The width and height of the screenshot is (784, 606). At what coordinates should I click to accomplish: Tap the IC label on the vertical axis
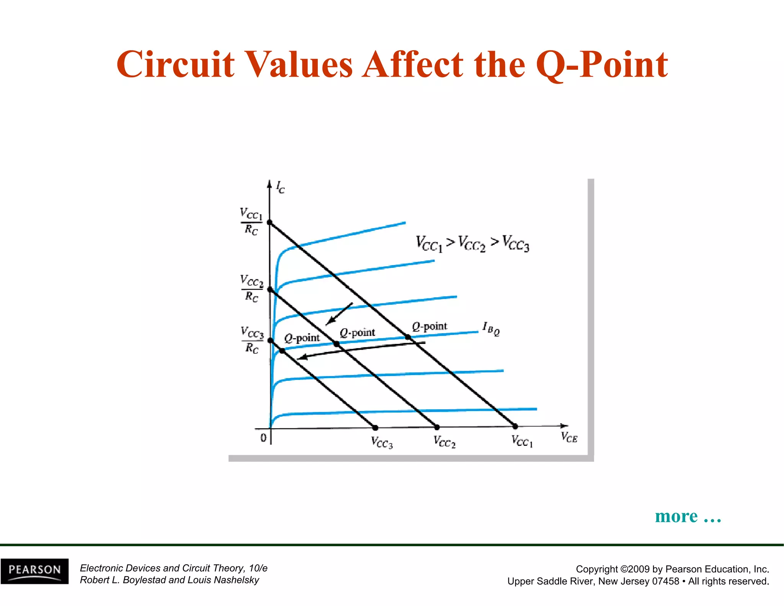(x=280, y=188)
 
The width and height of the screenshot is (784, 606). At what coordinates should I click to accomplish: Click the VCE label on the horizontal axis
(x=569, y=437)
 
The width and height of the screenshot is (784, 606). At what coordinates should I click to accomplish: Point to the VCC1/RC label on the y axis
(x=251, y=221)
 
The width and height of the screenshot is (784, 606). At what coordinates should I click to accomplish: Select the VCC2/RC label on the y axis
(x=252, y=288)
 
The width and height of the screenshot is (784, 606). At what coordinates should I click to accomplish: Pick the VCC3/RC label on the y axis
(x=252, y=339)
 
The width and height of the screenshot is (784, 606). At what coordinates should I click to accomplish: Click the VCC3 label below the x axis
(x=382, y=442)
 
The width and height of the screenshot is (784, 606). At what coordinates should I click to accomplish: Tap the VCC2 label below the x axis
(x=444, y=442)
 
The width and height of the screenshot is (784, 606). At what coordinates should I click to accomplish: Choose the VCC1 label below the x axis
(x=522, y=441)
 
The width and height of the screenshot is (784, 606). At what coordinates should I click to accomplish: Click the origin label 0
(x=263, y=438)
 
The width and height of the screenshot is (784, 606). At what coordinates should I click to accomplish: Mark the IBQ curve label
(x=491, y=328)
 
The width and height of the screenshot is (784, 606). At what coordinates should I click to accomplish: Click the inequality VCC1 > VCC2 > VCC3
(x=472, y=244)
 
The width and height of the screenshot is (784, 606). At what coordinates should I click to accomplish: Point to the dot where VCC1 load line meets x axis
(x=515, y=426)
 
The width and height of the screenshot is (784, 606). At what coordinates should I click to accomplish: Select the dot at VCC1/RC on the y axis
(x=269, y=223)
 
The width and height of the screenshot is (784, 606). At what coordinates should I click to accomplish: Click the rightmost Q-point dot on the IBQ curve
(x=408, y=337)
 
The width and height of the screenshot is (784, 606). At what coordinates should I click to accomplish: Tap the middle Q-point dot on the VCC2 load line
(x=336, y=344)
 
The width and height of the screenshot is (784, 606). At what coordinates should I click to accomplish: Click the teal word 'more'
(x=676, y=516)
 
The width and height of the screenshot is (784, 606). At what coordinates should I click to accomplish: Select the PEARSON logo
(x=34, y=571)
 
